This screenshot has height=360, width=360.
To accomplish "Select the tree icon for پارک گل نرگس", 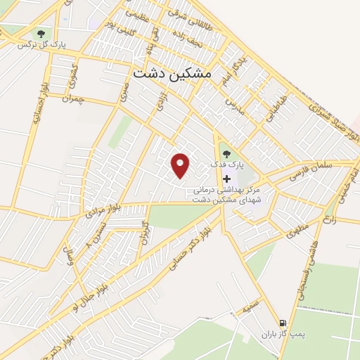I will (41, 33).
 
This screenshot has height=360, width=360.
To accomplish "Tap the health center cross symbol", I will (226, 179).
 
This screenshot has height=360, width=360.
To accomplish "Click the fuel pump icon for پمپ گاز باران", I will (283, 319).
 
